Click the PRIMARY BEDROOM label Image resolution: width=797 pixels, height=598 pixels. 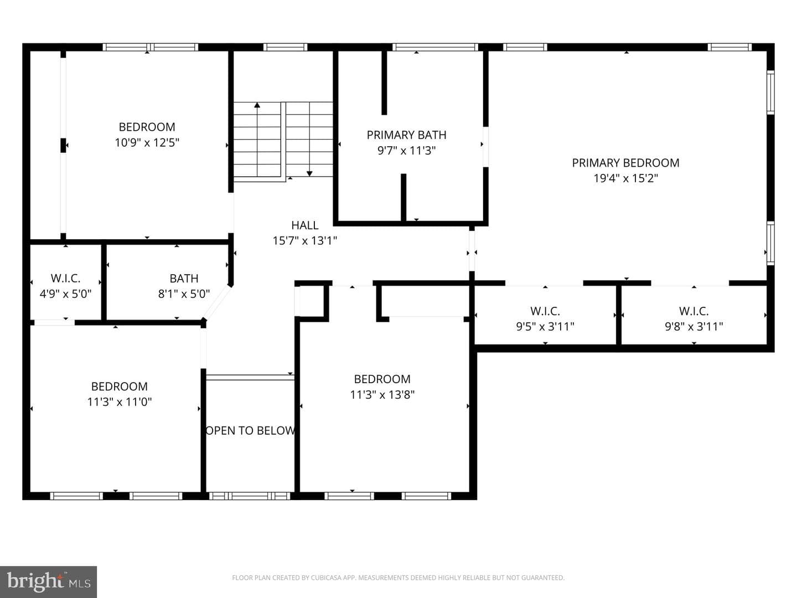(x=625, y=163)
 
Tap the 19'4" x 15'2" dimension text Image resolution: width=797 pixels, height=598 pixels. (x=625, y=178)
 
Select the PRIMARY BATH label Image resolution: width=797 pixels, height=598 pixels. (x=406, y=135)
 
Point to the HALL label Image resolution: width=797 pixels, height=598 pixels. (x=304, y=225)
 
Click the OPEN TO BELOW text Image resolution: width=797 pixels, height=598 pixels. (x=250, y=430)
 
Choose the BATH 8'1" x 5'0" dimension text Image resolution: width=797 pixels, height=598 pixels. (x=184, y=293)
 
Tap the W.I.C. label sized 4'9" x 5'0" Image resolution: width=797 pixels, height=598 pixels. (x=65, y=278)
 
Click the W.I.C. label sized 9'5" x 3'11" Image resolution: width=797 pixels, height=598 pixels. (x=545, y=311)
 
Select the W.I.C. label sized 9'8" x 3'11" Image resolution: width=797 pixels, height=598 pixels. (x=694, y=311)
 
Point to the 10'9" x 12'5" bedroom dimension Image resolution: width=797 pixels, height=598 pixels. (x=147, y=142)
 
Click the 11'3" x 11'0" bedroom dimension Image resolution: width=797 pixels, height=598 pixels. (x=119, y=401)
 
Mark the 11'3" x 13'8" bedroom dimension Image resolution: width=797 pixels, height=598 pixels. (x=382, y=394)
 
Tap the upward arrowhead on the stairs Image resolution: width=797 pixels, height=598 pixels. (x=257, y=105)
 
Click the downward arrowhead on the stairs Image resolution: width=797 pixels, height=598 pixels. (x=309, y=173)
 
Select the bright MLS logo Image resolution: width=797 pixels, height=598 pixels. (x=48, y=581)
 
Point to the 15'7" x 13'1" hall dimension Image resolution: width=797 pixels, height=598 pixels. (x=304, y=240)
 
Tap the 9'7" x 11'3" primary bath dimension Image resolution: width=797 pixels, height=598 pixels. (x=406, y=150)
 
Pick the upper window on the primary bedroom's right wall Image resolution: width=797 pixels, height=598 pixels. (x=770, y=92)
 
